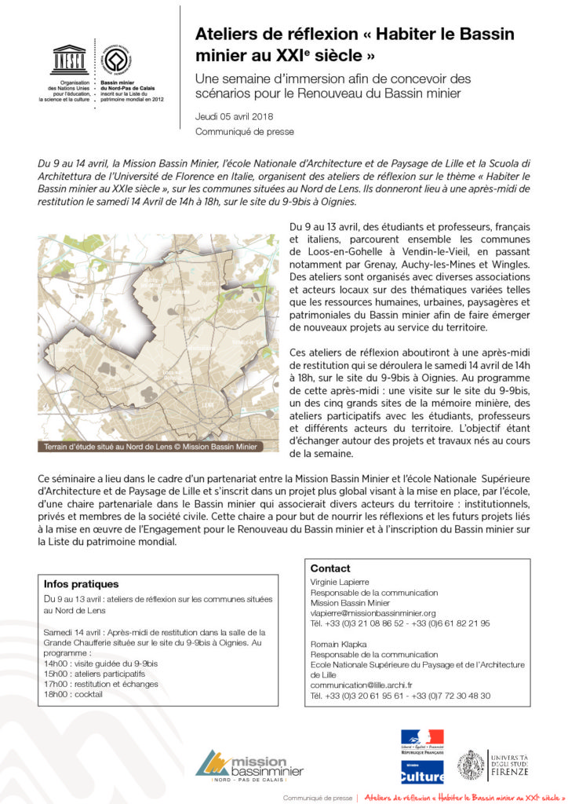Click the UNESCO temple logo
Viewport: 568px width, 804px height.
coord(69,60)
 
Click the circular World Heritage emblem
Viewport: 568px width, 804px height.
coord(117,59)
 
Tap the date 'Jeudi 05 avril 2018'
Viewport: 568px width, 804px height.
coord(231,116)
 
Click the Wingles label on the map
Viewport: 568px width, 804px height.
coord(233,310)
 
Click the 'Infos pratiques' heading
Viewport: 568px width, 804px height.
coord(82,584)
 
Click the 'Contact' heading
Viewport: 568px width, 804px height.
coord(330,568)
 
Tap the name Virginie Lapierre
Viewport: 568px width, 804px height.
coord(341,583)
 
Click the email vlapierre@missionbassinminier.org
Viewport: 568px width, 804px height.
coord(373,612)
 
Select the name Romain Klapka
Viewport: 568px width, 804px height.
coord(338,643)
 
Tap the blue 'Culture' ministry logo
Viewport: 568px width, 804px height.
coord(422,773)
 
